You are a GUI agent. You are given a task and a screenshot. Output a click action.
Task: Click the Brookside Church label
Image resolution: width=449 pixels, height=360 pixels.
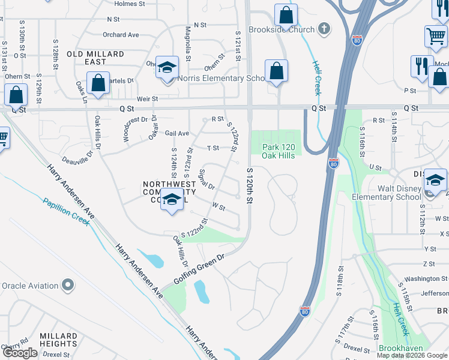(289, 29)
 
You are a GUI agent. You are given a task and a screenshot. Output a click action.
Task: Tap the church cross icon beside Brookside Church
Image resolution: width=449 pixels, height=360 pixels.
(324, 28)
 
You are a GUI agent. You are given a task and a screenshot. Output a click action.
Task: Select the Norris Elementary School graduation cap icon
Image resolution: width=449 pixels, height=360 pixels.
(167, 67)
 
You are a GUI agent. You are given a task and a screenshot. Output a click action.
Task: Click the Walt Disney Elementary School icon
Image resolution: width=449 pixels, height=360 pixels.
(435, 181)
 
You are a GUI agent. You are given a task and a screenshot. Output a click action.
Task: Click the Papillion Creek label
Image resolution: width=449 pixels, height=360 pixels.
(67, 211)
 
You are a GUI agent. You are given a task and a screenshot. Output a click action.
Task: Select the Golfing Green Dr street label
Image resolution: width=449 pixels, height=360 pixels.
(197, 268)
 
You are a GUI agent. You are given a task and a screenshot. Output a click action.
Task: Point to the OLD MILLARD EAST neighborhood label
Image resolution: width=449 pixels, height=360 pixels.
(95, 58)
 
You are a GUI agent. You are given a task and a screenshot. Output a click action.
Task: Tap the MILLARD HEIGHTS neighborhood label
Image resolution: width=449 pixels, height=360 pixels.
(58, 340)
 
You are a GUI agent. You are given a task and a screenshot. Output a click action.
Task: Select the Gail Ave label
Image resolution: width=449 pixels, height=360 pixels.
(177, 133)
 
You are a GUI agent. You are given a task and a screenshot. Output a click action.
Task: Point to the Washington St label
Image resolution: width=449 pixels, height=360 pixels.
(426, 278)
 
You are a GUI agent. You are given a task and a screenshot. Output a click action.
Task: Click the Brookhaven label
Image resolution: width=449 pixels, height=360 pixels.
(401, 348)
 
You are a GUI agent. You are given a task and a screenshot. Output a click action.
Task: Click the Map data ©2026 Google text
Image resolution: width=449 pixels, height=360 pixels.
(411, 355)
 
